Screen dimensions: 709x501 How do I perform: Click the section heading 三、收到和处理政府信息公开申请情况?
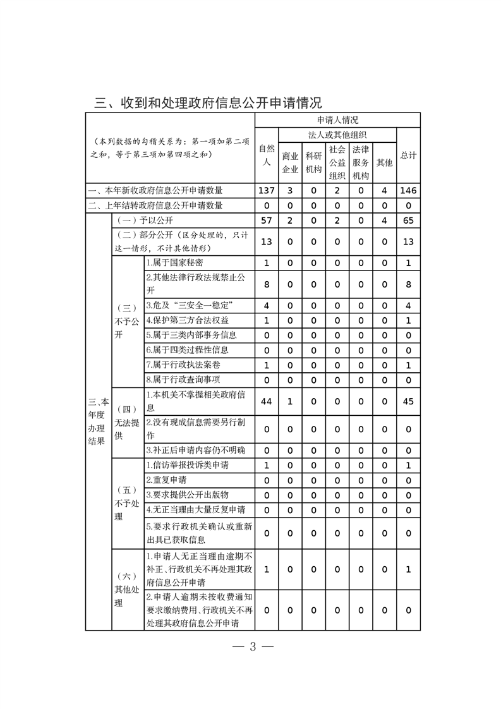pos(208,102)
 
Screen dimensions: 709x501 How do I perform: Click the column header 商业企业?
pos(290,162)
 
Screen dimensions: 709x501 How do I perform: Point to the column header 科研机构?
pos(313,162)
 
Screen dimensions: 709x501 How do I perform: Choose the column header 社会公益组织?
pos(337,162)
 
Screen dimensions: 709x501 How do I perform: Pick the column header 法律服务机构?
pos(361,162)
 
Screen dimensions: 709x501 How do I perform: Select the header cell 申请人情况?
pos(337,120)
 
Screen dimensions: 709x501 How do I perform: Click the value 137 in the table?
pos(267,190)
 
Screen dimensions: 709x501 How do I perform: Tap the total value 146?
pos(408,190)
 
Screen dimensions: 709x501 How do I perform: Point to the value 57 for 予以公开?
pos(267,220)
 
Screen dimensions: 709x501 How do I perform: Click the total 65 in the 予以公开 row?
pos(408,220)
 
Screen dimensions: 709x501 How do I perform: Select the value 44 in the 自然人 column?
pos(267,402)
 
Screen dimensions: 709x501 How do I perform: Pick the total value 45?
pos(408,402)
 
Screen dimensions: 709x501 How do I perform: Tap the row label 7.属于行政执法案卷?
pos(183,365)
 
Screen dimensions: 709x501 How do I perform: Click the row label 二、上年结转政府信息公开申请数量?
pos(155,205)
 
